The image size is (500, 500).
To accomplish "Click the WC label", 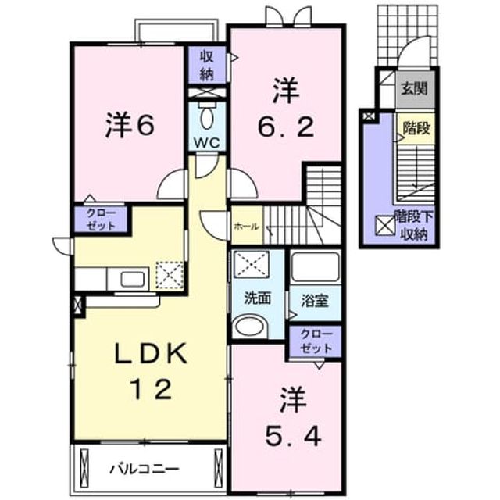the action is (206, 142).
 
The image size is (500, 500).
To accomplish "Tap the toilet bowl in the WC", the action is (206, 117).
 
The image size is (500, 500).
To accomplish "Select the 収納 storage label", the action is (206, 66).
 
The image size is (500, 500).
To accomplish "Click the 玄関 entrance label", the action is (414, 88).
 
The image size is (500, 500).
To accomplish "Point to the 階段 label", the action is (416, 128).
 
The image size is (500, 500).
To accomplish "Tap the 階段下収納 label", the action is (414, 226).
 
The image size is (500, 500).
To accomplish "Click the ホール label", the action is (247, 227).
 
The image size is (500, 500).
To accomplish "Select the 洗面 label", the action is (258, 298).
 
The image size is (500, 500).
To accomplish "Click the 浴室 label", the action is (315, 301).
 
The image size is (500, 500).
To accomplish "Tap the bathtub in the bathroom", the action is (315, 267).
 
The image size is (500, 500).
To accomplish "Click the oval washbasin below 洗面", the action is (249, 327).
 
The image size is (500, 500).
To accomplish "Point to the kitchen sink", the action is (134, 280).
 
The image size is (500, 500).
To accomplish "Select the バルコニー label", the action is (145, 469).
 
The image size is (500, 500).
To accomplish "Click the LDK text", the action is (151, 352).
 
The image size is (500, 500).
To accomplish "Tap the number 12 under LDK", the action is (152, 389).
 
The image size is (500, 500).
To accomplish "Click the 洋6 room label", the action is (130, 125).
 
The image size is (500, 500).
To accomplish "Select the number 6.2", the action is (286, 128).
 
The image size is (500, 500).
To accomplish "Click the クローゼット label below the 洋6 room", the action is (101, 220).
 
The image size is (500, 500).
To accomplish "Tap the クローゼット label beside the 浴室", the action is (316, 342).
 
